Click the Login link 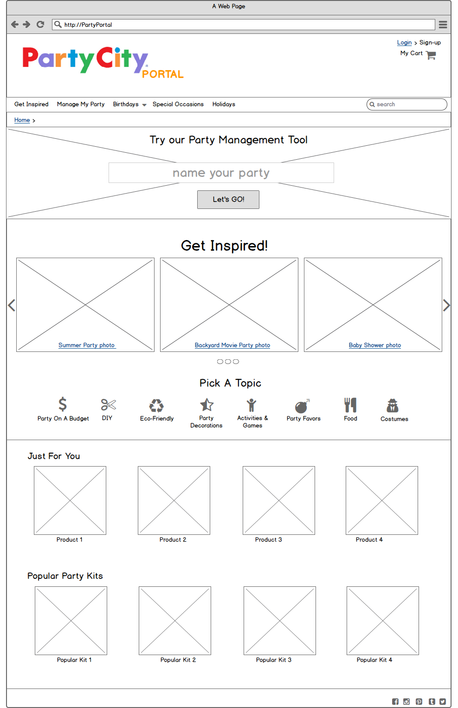point(404,43)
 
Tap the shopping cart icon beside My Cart point(431,55)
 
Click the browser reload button point(40,25)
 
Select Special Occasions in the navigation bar point(178,104)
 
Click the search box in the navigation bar point(407,104)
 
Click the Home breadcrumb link point(22,120)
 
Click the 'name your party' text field point(221,173)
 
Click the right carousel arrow point(446,305)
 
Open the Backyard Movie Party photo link point(232,345)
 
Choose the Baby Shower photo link point(375,345)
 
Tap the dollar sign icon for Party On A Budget point(63,404)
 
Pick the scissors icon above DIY point(108,404)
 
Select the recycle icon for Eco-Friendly point(156,405)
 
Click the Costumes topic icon point(393,405)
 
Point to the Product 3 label point(269,539)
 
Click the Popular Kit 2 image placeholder point(175,620)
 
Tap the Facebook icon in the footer point(395,702)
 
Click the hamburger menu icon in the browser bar point(443,25)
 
